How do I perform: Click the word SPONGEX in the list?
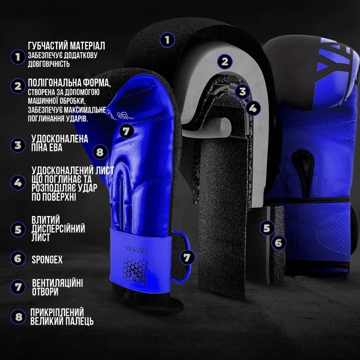[x=47, y=259]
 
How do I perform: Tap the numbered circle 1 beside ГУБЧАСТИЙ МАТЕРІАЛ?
[x=18, y=57]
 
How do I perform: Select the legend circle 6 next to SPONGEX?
[x=18, y=258]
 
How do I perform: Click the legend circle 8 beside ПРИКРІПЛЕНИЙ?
[x=18, y=317]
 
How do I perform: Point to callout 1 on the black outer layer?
[x=167, y=40]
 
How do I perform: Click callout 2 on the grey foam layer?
[x=225, y=61]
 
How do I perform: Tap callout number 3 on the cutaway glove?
[x=242, y=91]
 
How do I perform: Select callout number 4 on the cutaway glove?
[x=253, y=108]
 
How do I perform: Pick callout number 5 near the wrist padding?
[x=267, y=228]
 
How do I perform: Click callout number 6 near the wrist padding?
[x=278, y=243]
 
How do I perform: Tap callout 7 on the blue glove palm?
[x=126, y=131]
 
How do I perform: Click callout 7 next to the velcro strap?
[x=187, y=257]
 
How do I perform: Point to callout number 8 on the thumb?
[x=100, y=152]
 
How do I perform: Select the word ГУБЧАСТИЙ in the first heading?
[x=47, y=46]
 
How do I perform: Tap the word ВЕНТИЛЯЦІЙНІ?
[x=57, y=283]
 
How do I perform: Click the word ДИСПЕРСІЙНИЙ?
[x=58, y=229]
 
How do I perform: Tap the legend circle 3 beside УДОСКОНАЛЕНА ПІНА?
[x=18, y=145]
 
